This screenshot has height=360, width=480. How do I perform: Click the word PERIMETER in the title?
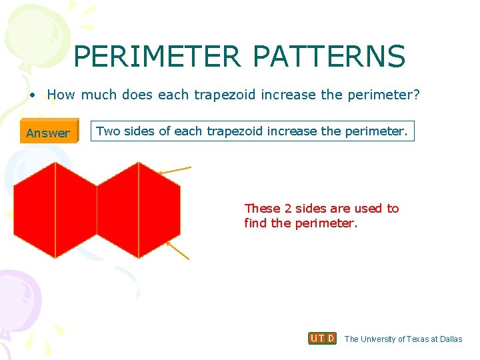click(x=157, y=57)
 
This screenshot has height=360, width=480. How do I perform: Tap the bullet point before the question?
click(x=32, y=95)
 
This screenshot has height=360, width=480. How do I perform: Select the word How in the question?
click(x=61, y=95)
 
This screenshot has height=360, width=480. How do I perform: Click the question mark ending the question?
click(x=417, y=95)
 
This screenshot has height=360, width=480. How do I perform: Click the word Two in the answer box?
click(x=108, y=131)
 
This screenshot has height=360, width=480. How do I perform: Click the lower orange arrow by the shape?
click(x=177, y=250)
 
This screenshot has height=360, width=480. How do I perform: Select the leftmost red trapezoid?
click(x=35, y=210)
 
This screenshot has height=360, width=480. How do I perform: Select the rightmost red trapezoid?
click(x=159, y=210)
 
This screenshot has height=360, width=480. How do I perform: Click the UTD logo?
click(x=322, y=339)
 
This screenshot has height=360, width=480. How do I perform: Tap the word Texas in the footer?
click(x=418, y=339)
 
